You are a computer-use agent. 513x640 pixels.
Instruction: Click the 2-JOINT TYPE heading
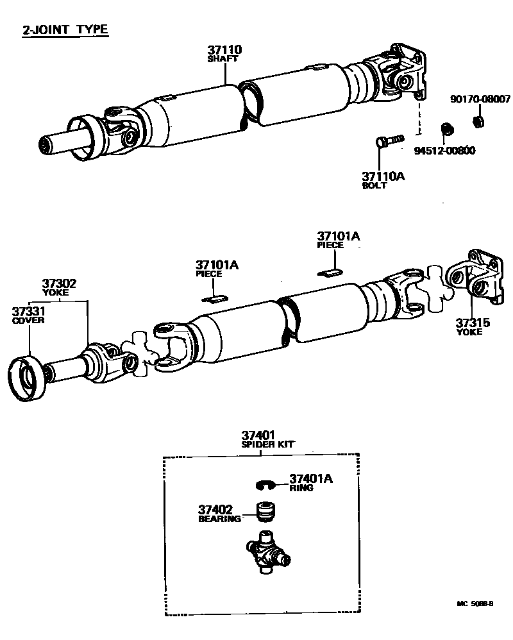(65, 29)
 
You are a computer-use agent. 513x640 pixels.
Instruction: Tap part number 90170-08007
(480, 99)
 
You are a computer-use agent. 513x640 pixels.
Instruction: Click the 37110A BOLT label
(384, 180)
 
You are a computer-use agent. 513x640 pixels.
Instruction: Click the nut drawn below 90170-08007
(477, 121)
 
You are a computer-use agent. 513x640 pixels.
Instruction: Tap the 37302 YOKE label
(60, 286)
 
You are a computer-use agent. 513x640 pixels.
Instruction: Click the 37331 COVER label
(28, 315)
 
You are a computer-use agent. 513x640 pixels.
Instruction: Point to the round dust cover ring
(28, 379)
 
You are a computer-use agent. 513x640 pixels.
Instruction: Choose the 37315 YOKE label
(473, 327)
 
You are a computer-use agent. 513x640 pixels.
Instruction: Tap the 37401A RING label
(311, 482)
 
